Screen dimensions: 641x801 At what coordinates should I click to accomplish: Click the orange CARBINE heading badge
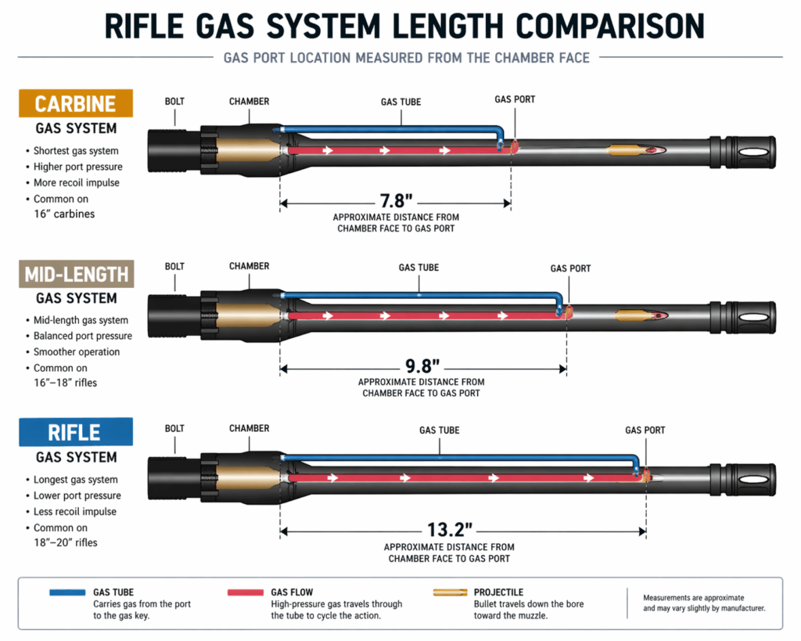pos(76,104)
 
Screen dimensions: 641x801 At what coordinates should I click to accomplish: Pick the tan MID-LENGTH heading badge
pos(77,275)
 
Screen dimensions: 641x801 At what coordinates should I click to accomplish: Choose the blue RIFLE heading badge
pos(75,433)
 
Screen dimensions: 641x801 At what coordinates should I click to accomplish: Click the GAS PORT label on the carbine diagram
pos(515,100)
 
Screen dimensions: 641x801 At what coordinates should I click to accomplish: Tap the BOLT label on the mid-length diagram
pos(174,267)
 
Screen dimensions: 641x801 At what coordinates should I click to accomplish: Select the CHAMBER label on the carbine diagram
pos(249,102)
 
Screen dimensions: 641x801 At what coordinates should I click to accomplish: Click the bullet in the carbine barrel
pos(635,149)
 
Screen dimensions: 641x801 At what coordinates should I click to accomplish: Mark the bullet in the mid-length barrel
pos(640,315)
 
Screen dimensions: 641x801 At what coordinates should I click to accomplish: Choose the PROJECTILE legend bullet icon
pos(449,592)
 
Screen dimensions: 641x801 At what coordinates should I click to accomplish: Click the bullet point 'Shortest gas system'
pos(76,151)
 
